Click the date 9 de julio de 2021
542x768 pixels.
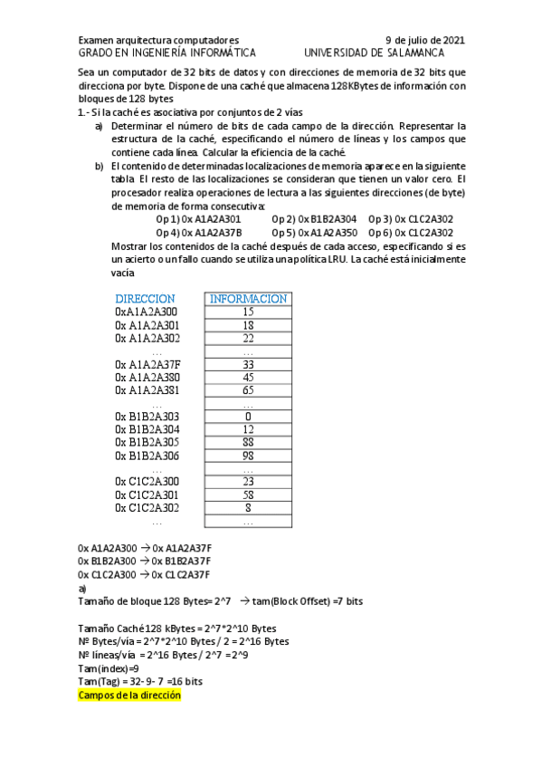click(x=425, y=40)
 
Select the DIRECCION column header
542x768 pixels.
click(x=145, y=299)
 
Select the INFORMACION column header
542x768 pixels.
click(x=248, y=299)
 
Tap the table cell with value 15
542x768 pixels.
click(x=248, y=312)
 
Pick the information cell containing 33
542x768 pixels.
click(x=248, y=364)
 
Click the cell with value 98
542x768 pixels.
click(x=248, y=456)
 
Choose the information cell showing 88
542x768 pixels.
click(x=248, y=443)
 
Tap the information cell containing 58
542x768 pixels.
click(x=248, y=495)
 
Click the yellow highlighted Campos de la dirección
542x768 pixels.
click(x=129, y=696)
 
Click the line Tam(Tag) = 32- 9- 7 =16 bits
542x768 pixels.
click(x=140, y=681)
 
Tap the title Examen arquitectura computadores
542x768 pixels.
click(x=158, y=40)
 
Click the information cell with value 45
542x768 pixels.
click(x=248, y=378)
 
